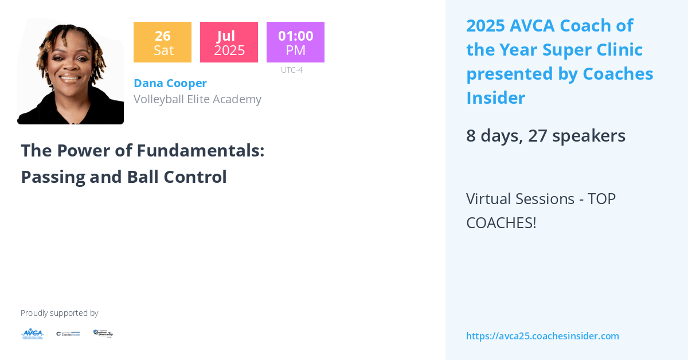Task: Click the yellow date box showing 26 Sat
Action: point(162,42)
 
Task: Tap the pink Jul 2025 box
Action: point(229,42)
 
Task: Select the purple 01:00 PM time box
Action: point(295,42)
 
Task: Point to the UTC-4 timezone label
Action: point(291,70)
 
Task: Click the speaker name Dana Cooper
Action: point(170,83)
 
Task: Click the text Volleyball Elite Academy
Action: point(197,99)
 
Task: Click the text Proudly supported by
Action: point(59,313)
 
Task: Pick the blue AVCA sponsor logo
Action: point(32,334)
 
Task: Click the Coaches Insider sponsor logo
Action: point(68,334)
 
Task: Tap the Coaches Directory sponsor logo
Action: point(103,333)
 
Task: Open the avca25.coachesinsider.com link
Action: point(542,336)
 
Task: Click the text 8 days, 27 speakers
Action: point(545,136)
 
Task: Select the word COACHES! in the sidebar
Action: point(501,223)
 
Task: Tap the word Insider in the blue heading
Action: point(495,98)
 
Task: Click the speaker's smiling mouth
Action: point(69,78)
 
